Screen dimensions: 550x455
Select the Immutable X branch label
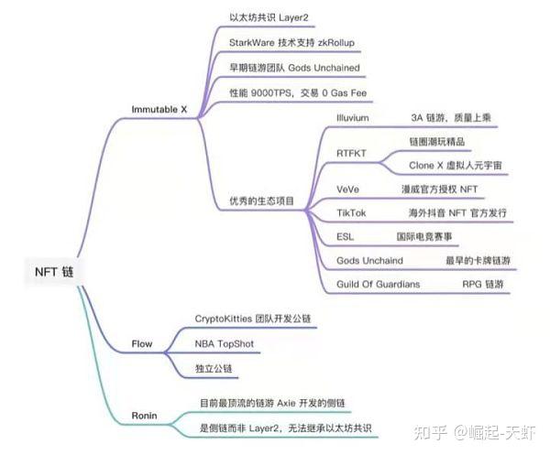(x=159, y=110)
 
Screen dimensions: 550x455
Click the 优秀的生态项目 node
(x=261, y=200)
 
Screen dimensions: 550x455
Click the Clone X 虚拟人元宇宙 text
(x=456, y=166)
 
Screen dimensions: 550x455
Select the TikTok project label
(x=351, y=212)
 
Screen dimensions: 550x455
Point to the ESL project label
(x=345, y=236)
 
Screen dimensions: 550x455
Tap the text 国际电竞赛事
(x=425, y=236)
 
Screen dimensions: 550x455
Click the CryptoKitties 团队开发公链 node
(x=253, y=319)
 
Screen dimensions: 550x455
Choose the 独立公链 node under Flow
(x=214, y=368)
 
